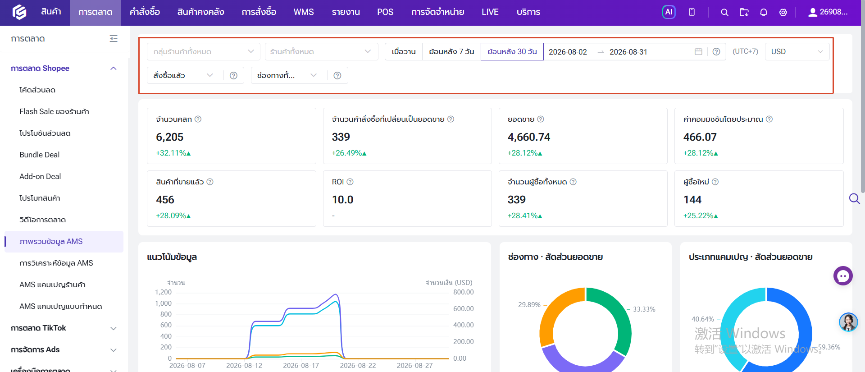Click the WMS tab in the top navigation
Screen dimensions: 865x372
(x=304, y=12)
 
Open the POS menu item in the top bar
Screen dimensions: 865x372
(x=385, y=12)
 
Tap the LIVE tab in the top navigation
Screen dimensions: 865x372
(x=490, y=12)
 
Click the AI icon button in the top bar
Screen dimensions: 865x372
(x=669, y=12)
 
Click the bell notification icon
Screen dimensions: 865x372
(x=764, y=13)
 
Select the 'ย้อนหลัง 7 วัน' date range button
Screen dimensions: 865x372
(x=451, y=51)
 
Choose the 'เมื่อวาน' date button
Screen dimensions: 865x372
(x=404, y=51)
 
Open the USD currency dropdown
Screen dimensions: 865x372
(x=797, y=51)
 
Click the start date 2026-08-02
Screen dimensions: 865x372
(x=568, y=52)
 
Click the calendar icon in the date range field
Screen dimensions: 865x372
(x=698, y=51)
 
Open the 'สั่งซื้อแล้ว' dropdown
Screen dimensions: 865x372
(x=183, y=75)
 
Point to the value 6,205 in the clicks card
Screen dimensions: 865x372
(x=170, y=137)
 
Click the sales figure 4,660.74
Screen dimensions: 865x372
(x=529, y=137)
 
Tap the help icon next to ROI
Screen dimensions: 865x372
(x=350, y=182)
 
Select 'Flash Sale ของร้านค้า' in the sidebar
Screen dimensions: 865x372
(x=54, y=111)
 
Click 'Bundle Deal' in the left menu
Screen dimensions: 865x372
(x=40, y=155)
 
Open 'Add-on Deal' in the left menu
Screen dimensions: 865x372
(x=40, y=176)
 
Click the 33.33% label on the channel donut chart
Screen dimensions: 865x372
(x=644, y=309)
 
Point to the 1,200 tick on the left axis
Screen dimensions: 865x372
(x=163, y=292)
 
